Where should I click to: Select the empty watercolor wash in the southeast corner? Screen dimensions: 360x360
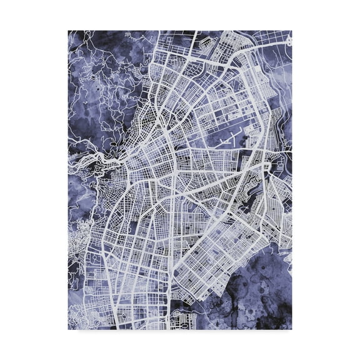pyautogui.click(x=262, y=300)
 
